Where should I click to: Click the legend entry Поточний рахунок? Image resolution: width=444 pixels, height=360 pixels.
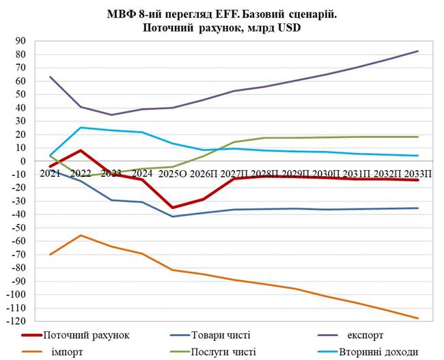pyautogui.click(x=86, y=335)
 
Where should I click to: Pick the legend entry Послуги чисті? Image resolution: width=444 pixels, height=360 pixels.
pyautogui.click(x=226, y=352)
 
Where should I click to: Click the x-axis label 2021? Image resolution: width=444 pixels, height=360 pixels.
pyautogui.click(x=50, y=174)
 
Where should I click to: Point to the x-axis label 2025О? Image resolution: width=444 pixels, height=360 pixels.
pyautogui.click(x=174, y=174)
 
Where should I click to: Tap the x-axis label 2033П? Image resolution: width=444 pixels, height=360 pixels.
pyautogui.click(x=417, y=174)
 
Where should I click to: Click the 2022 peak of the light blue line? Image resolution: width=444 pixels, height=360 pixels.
pyautogui.click(x=81, y=128)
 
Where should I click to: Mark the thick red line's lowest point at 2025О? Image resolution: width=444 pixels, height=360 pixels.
pyautogui.click(x=173, y=208)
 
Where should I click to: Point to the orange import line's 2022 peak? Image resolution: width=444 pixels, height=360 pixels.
pyautogui.click(x=81, y=235)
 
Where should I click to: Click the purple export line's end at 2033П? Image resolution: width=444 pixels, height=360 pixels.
pyautogui.click(x=418, y=51)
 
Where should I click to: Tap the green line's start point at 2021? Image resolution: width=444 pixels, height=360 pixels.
pyautogui.click(x=51, y=155)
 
